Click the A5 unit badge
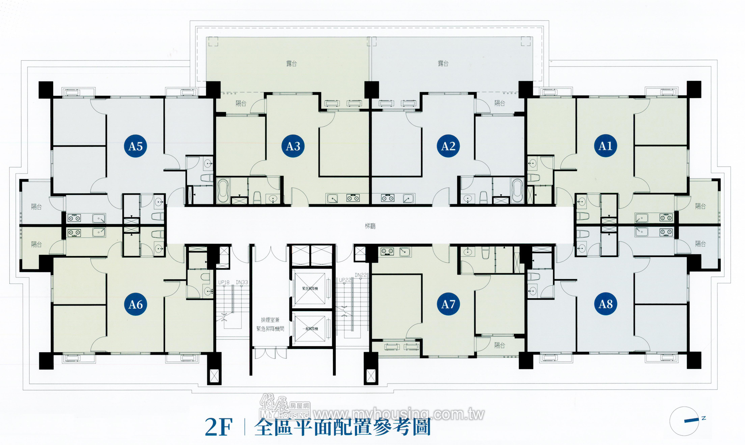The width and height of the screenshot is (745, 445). (135, 146)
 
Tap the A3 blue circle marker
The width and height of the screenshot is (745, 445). (293, 146)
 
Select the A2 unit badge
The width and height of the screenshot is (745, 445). (448, 146)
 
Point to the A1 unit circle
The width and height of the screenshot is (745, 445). (605, 146)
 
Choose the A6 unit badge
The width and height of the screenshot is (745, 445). (135, 304)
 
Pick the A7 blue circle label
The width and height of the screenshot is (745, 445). (448, 304)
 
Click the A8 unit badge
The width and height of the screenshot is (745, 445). (605, 304)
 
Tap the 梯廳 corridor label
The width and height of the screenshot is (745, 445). (370, 226)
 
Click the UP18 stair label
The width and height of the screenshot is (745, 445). (224, 282)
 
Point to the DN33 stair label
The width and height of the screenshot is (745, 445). (242, 282)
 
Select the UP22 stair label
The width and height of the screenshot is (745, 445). (345, 280)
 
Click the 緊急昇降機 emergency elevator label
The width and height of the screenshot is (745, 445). (310, 288)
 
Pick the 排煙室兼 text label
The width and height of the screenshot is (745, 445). (270, 320)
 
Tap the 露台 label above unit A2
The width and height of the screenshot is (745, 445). (443, 63)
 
